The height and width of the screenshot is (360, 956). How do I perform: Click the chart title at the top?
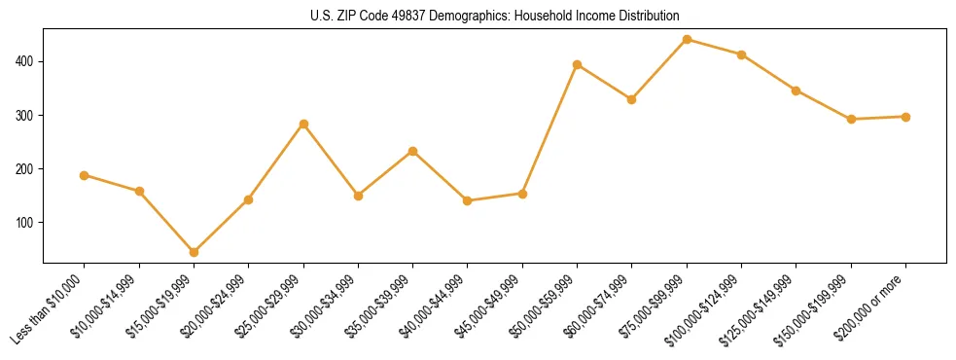(x=495, y=16)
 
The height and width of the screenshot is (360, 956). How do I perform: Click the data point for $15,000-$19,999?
(x=194, y=252)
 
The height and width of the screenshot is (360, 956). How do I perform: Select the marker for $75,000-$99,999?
(x=687, y=40)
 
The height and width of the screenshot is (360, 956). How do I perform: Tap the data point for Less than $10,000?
(x=85, y=176)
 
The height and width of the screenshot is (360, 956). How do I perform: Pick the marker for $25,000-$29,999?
(x=303, y=125)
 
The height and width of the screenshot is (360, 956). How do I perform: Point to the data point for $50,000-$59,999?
(x=578, y=65)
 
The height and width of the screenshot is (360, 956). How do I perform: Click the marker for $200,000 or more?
(x=905, y=117)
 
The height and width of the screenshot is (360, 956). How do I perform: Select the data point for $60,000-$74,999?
(x=632, y=99)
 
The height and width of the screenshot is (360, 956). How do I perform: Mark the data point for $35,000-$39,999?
(x=413, y=152)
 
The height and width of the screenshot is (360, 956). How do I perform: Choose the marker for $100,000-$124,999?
(x=741, y=54)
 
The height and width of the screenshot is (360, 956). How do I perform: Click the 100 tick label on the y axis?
(x=25, y=223)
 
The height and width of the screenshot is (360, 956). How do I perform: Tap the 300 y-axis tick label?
(x=25, y=116)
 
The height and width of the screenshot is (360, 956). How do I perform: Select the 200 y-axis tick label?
(x=25, y=169)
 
